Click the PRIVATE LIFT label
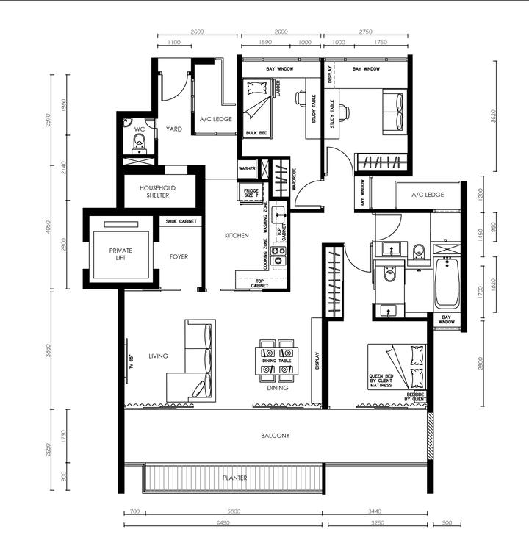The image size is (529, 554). click(x=120, y=254)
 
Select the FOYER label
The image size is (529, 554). click(x=179, y=257)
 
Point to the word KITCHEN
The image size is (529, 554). click(x=237, y=236)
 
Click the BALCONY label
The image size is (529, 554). click(x=275, y=436)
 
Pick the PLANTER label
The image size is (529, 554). click(x=235, y=478)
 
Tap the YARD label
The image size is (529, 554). click(x=173, y=129)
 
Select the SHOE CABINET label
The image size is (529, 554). click(x=181, y=220)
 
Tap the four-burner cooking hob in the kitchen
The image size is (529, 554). click(x=279, y=255)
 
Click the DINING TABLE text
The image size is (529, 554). click(x=277, y=361)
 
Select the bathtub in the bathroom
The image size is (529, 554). click(x=446, y=283)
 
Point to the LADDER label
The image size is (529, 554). click(x=278, y=88)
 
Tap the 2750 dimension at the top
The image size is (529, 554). click(x=365, y=32)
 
